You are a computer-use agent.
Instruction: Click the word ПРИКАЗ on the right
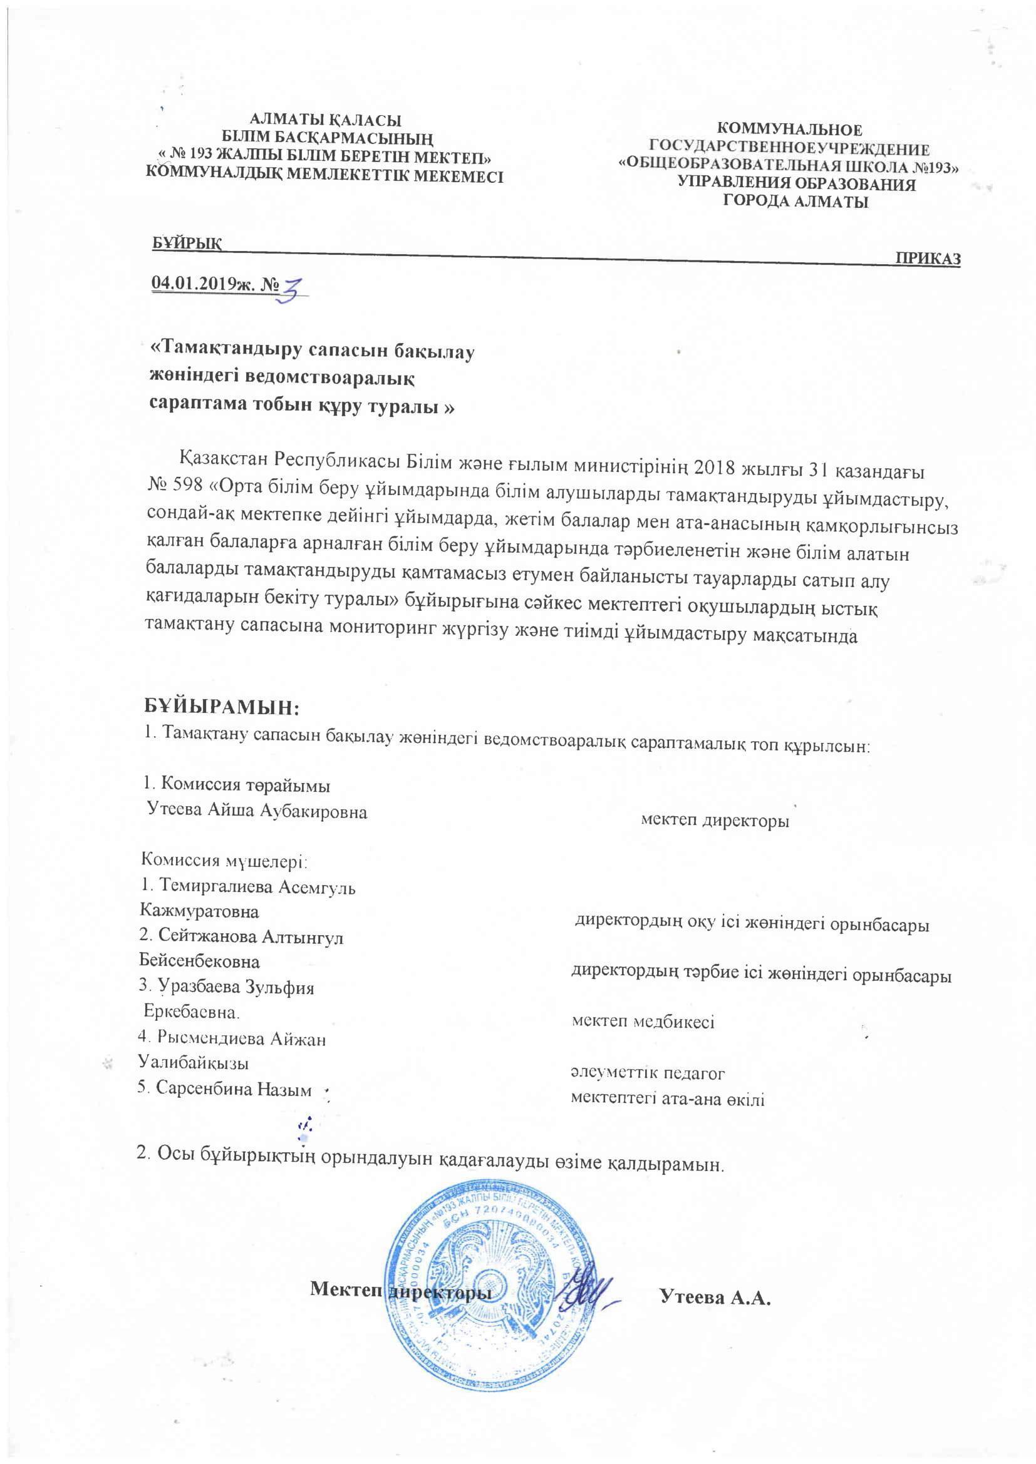928,259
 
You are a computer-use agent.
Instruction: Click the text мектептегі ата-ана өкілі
667,1098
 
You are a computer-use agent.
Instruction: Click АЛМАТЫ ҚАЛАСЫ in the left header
325,120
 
